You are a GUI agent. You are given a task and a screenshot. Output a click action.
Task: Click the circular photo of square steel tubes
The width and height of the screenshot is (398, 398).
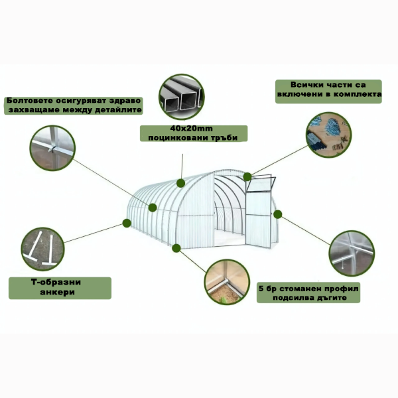pyautogui.click(x=182, y=97)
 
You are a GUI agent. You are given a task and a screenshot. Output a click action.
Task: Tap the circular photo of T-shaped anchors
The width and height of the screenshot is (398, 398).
pyautogui.click(x=42, y=249)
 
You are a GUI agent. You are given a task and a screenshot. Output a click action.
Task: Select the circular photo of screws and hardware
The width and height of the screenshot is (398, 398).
pyautogui.click(x=329, y=135)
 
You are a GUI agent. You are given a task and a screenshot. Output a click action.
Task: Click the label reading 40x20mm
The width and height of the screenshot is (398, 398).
pyautogui.click(x=192, y=129)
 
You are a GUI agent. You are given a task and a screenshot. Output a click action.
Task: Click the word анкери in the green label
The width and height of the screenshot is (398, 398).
pyautogui.click(x=57, y=292)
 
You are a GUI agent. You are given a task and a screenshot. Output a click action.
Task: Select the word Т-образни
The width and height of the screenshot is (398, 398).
pyautogui.click(x=56, y=282)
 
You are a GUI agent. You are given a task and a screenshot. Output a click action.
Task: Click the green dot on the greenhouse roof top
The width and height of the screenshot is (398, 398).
pyautogui.click(x=180, y=183)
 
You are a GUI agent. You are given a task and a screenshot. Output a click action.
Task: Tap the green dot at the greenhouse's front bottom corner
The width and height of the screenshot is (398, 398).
pyautogui.click(x=176, y=248)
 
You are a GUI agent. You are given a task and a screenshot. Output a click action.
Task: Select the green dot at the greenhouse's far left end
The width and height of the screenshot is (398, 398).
pyautogui.click(x=127, y=223)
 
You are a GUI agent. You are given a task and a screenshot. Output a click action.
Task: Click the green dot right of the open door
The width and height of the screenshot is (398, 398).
pyautogui.click(x=278, y=214)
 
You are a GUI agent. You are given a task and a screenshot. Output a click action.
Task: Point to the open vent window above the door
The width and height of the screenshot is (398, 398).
pyautogui.click(x=261, y=183)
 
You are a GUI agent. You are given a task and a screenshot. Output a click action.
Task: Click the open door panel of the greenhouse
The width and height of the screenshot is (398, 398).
pyautogui.click(x=259, y=220)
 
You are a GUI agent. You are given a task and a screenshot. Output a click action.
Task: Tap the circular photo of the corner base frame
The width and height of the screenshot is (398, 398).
pyautogui.click(x=227, y=282)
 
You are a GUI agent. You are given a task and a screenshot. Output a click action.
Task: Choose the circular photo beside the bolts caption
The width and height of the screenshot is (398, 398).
pyautogui.click(x=52, y=148)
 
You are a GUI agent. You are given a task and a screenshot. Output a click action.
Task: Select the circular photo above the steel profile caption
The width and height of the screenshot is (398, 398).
pyautogui.click(x=352, y=253)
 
